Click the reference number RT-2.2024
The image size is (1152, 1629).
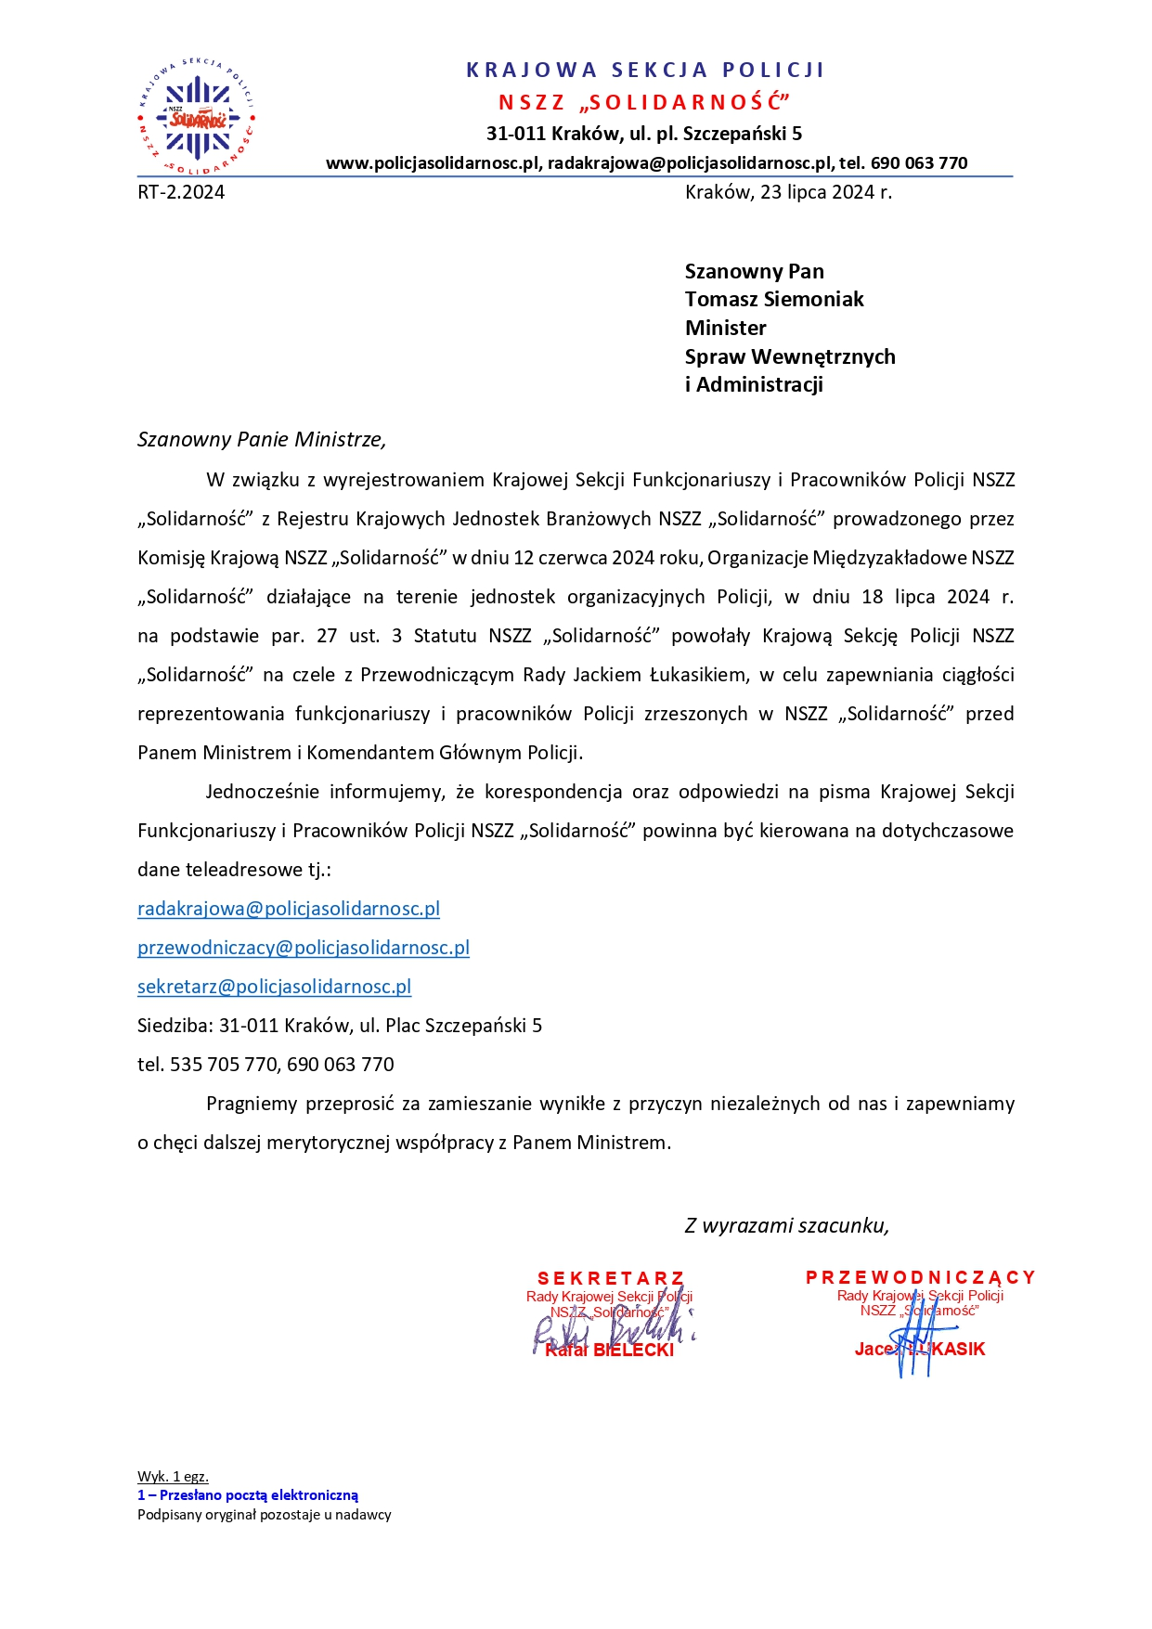tap(181, 192)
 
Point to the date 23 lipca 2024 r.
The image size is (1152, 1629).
tap(825, 192)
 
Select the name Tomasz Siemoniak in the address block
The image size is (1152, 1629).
tap(773, 299)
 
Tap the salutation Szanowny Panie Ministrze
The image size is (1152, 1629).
tap(261, 439)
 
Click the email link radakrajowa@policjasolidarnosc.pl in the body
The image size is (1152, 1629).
tap(289, 909)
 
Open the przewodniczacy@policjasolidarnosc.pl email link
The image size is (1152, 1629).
tap(304, 948)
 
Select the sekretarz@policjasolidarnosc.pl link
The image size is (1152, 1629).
tap(274, 987)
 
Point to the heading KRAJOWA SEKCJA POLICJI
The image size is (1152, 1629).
tap(645, 71)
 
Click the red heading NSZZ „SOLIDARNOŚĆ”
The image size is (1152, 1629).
tap(644, 102)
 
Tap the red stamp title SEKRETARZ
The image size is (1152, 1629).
tap(610, 1278)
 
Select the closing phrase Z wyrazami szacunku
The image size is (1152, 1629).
tap(786, 1225)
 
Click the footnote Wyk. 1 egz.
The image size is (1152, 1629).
tap(173, 1476)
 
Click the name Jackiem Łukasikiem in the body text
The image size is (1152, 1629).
tap(660, 675)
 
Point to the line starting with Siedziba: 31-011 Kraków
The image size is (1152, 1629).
tap(340, 1026)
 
